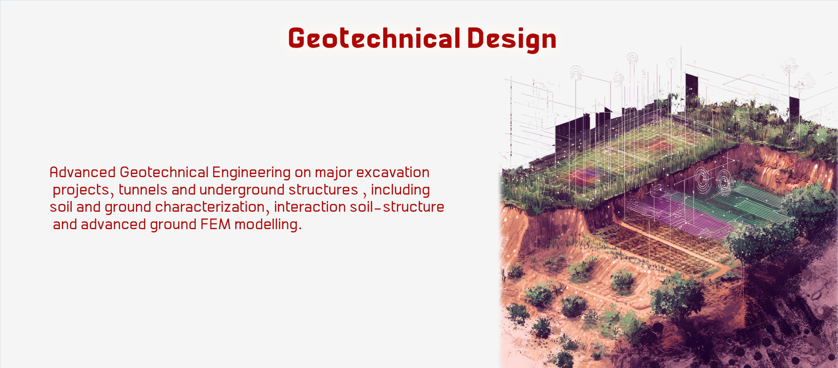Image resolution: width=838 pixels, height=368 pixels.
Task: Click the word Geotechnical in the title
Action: (374, 38)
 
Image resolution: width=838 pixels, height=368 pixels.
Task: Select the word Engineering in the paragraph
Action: (251, 173)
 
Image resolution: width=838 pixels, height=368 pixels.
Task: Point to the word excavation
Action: (393, 172)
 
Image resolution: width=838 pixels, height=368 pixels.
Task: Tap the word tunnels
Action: (143, 190)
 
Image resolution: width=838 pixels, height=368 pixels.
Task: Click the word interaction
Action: (310, 207)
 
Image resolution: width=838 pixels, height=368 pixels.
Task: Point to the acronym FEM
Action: (215, 225)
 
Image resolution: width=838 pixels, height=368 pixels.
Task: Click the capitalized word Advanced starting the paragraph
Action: (82, 172)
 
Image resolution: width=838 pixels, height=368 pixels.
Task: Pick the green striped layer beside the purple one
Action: (750, 200)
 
